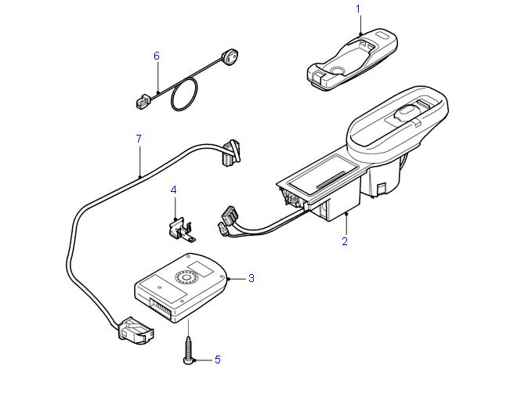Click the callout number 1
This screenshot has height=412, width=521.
pyautogui.click(x=359, y=9)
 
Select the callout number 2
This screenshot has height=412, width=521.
pyautogui.click(x=345, y=241)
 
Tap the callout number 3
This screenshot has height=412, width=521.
pyautogui.click(x=251, y=277)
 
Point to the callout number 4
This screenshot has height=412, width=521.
pyautogui.click(x=173, y=190)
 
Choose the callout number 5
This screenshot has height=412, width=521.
pyautogui.click(x=217, y=360)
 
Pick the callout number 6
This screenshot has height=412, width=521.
pyautogui.click(x=157, y=56)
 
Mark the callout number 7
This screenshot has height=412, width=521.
pyautogui.click(x=139, y=139)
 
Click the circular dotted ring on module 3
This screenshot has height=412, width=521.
pyautogui.click(x=187, y=277)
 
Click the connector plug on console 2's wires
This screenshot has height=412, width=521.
pyautogui.click(x=229, y=215)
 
